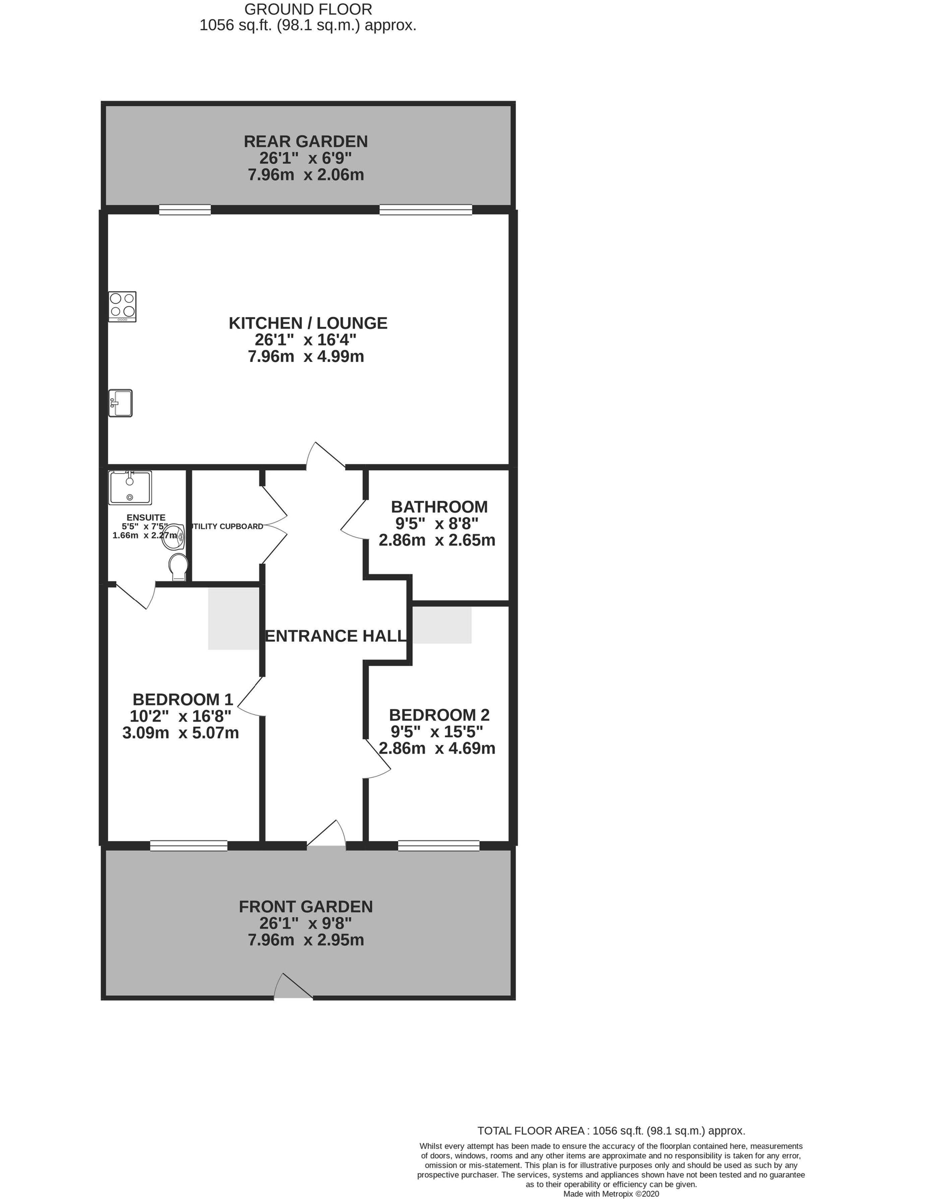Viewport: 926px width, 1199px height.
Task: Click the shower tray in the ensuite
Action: tap(130, 488)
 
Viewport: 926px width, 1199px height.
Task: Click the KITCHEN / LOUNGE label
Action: tap(308, 323)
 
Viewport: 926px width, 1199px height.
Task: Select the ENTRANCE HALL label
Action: tap(336, 636)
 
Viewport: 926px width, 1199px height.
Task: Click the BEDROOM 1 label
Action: tap(183, 699)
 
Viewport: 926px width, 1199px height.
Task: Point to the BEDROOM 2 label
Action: tap(439, 715)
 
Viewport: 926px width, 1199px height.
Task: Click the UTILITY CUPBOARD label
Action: tap(226, 527)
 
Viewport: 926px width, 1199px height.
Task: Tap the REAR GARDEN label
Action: tap(306, 141)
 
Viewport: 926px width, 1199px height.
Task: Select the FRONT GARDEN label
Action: tap(306, 907)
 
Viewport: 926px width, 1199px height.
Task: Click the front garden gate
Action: tap(293, 985)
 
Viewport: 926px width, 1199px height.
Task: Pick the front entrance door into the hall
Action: tap(326, 834)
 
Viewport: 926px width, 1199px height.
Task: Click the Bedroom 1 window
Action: tap(189, 846)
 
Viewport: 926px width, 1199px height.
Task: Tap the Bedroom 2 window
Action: tap(438, 846)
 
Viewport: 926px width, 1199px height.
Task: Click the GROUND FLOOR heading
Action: tap(308, 9)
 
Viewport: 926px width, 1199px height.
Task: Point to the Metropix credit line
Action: tap(611, 1194)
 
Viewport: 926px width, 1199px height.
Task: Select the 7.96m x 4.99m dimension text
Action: tap(306, 356)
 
